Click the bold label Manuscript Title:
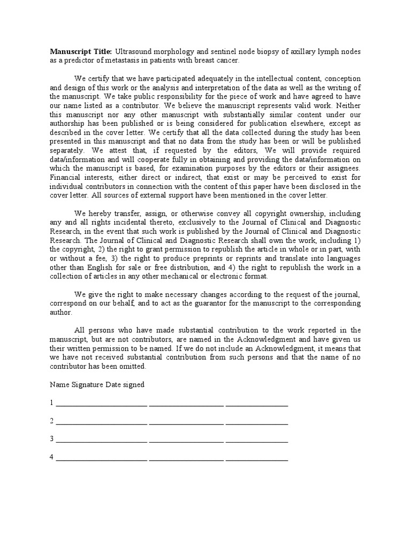coord(81,51)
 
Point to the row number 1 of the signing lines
coord(52,402)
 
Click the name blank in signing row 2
coord(101,423)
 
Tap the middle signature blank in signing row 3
coord(186,442)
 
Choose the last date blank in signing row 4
coord(257,460)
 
